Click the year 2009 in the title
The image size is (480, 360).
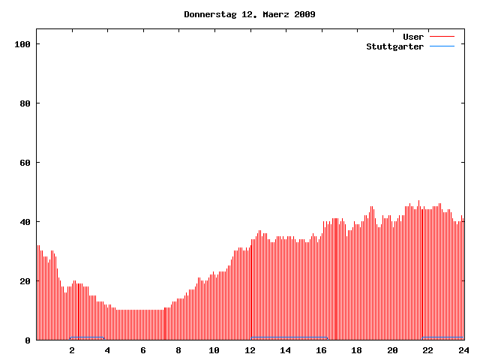point(303,14)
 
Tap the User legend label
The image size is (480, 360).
point(413,37)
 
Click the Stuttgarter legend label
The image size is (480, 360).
point(394,46)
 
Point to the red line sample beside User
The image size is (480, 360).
point(442,37)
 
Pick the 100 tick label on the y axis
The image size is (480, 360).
point(22,44)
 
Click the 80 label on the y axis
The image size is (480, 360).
point(25,103)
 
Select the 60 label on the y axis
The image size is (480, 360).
point(25,163)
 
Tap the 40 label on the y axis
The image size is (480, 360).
point(25,222)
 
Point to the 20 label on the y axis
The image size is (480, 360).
point(25,281)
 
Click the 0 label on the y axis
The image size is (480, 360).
point(28,340)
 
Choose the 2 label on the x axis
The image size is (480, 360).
point(72,350)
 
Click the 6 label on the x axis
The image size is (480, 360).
point(143,350)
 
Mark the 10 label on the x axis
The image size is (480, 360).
point(214,350)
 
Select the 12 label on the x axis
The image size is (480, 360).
point(250,350)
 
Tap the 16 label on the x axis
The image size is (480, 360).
point(321,350)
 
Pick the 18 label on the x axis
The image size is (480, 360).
point(357,350)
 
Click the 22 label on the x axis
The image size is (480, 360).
point(428,350)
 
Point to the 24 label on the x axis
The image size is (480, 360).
point(463,350)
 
